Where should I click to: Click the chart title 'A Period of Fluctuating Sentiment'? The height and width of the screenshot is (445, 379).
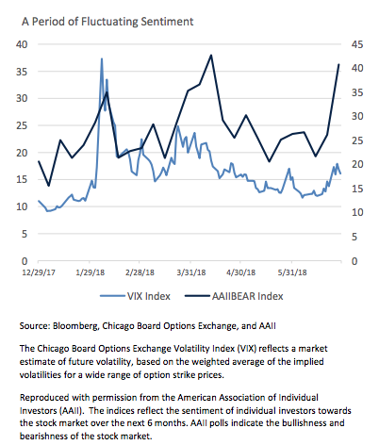coord(107,22)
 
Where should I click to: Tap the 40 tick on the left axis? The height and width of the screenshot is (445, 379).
coord(22,44)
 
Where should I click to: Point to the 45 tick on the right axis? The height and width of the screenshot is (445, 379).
coord(357,44)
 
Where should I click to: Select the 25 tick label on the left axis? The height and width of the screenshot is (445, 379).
coord(22,125)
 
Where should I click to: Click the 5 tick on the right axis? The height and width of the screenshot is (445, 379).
coord(354,237)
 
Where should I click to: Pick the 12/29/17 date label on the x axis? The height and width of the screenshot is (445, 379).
coord(39,272)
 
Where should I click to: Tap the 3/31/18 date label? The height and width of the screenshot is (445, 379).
coord(190,272)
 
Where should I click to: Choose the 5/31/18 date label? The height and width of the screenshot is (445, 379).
coord(292,272)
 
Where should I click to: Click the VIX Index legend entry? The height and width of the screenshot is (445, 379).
coord(135,296)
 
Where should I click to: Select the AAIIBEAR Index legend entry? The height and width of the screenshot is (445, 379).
coord(234,296)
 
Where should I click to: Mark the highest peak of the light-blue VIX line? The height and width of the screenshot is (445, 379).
coord(102,58)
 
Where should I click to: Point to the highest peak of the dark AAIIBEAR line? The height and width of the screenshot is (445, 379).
coord(211,56)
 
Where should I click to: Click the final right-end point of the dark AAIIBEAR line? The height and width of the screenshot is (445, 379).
coord(339,64)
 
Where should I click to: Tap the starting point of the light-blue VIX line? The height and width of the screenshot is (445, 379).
coord(39,201)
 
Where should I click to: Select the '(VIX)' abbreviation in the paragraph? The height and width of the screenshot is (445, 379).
coord(247,349)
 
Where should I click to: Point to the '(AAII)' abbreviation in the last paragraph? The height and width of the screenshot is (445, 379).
coord(72,411)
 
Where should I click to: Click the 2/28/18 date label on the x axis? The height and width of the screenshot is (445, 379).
coord(140,272)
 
